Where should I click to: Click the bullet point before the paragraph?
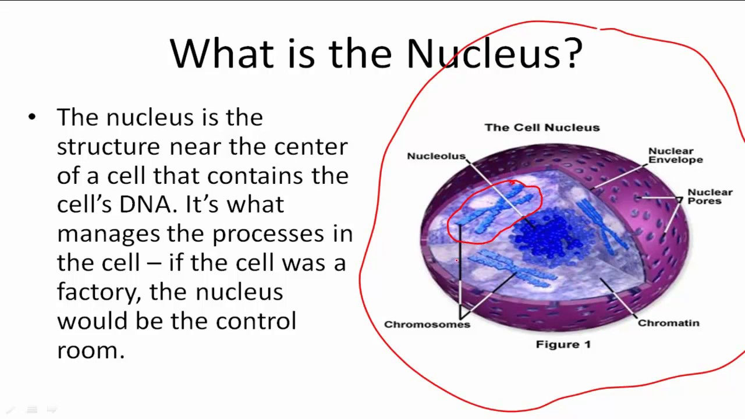[31, 118]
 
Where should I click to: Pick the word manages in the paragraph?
[108, 234]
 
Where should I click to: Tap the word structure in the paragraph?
[108, 147]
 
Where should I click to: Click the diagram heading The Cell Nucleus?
[542, 127]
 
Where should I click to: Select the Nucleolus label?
[436, 156]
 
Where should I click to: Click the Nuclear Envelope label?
[675, 155]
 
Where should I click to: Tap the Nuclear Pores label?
[709, 196]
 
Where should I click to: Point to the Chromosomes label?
[427, 325]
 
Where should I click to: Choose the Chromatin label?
[668, 323]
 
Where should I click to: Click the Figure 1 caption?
[563, 345]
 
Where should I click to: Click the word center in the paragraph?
[311, 147]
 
